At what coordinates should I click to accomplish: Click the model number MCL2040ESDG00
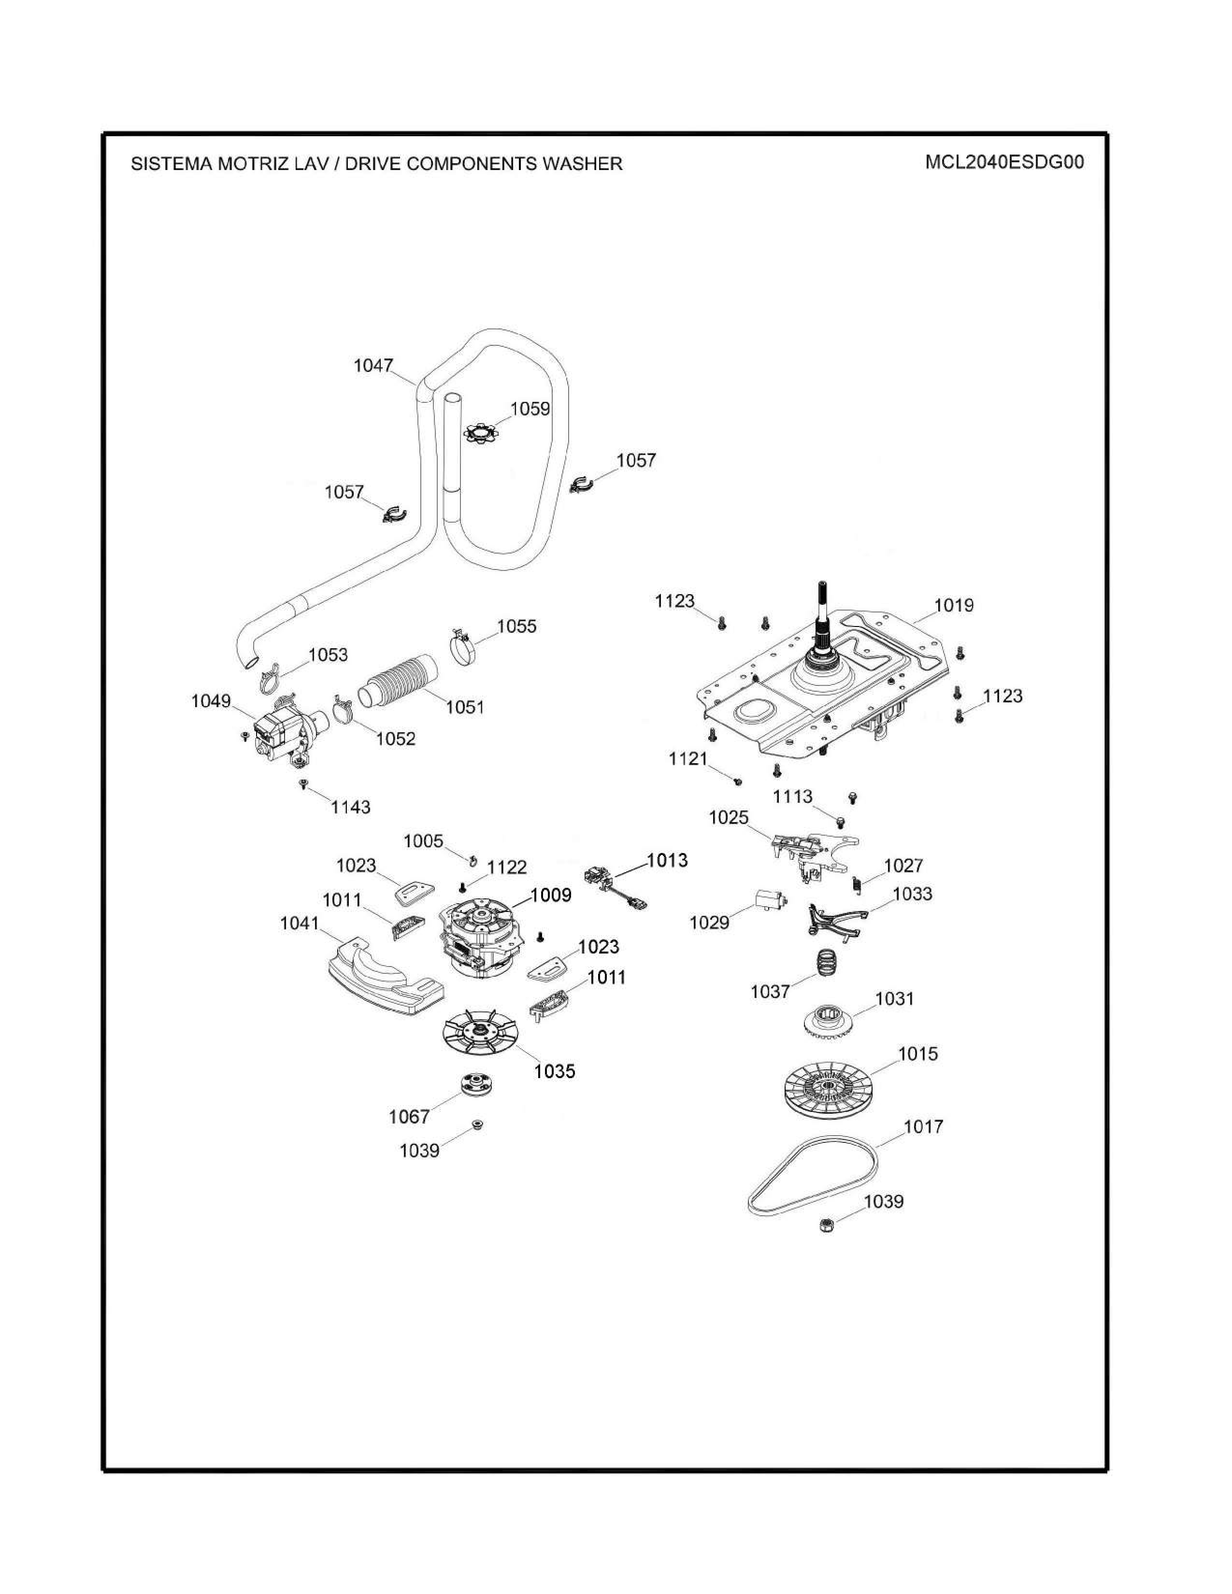[1004, 162]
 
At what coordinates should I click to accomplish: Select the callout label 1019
[954, 605]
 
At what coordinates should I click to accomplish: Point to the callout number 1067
[409, 1116]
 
